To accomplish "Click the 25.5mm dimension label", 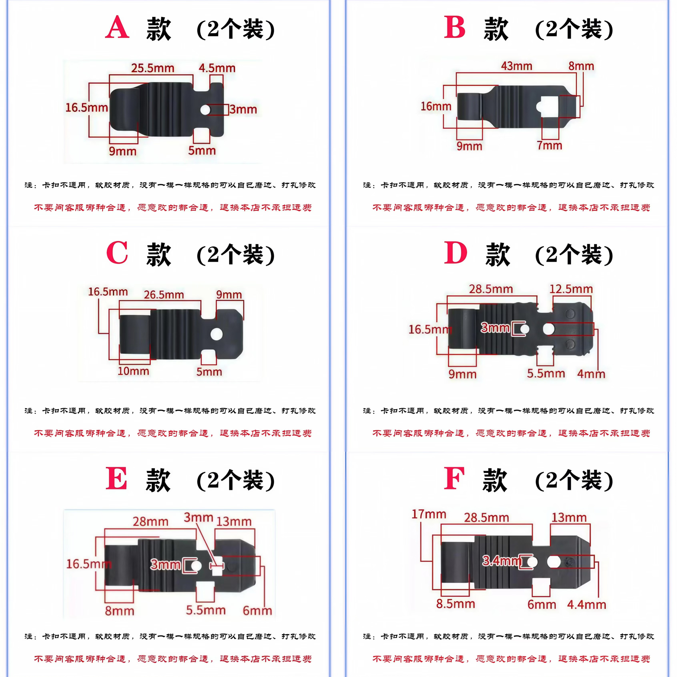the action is point(153,68).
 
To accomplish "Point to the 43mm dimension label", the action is point(517,66).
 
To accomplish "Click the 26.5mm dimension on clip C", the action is point(164,295).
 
